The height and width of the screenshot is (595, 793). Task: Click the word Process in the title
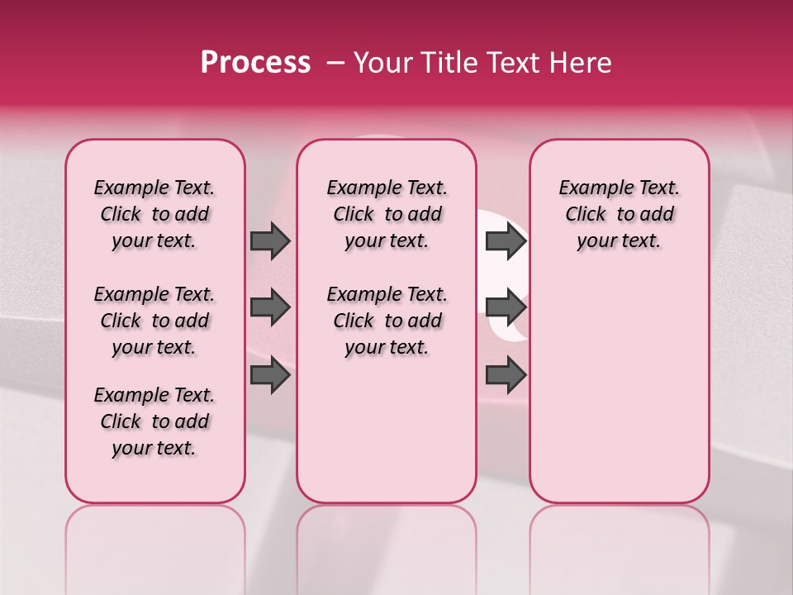click(255, 63)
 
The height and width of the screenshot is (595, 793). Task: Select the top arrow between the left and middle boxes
click(270, 240)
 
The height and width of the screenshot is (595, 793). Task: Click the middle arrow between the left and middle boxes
click(270, 308)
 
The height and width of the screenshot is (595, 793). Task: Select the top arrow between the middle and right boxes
click(506, 240)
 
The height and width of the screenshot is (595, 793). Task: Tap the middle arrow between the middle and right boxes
click(506, 308)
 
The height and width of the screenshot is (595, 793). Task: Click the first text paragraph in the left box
click(154, 214)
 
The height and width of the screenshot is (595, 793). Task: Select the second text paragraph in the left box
click(154, 321)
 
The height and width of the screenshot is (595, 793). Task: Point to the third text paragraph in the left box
click(154, 421)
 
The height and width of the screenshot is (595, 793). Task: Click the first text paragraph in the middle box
click(387, 214)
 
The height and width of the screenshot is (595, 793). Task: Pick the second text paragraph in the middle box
click(387, 321)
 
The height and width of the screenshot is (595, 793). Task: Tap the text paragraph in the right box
click(619, 214)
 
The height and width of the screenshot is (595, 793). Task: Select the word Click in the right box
click(586, 215)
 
